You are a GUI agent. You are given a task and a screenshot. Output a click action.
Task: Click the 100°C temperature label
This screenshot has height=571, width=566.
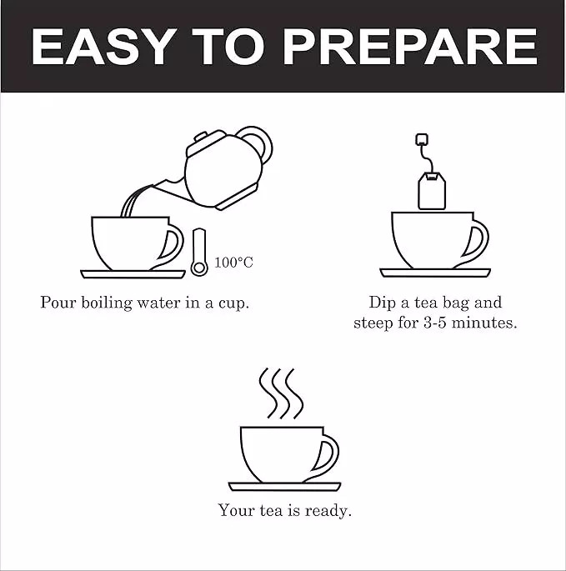[233, 263]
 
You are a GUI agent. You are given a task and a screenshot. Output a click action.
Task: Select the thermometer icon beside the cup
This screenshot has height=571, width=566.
[199, 252]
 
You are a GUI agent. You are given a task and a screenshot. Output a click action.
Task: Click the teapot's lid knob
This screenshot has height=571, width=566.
[201, 138]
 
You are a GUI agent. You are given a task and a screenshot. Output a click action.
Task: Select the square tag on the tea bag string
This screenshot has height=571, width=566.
[422, 139]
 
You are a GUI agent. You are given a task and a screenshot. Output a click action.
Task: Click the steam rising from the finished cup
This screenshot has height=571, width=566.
[281, 393]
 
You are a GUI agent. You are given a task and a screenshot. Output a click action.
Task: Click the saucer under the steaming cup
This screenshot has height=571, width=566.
[284, 487]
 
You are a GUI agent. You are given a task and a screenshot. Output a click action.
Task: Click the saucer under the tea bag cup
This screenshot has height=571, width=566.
[435, 273]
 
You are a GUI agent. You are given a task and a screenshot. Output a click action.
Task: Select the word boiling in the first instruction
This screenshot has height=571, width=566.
[106, 303]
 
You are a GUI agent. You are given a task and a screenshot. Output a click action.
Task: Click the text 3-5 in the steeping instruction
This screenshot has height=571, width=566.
[435, 323]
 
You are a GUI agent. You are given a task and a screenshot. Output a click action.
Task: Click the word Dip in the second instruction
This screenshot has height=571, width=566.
[382, 303]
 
